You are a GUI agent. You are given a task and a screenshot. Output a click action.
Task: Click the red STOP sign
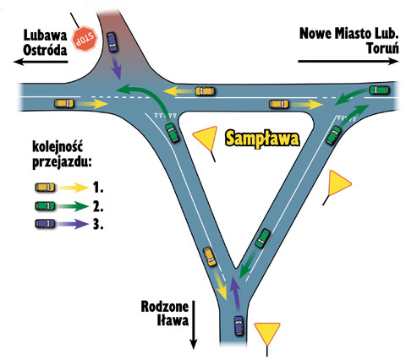click(x=85, y=39)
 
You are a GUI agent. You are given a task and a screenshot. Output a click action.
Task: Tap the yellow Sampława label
click(x=262, y=139)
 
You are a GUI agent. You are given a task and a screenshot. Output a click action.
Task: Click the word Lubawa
click(x=45, y=35)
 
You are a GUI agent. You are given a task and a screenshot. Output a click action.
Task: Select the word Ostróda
click(x=45, y=51)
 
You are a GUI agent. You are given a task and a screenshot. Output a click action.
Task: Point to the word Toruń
click(x=382, y=48)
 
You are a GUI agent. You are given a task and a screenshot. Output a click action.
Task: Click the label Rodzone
click(x=165, y=307)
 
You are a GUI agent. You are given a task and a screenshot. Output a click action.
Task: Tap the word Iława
click(x=173, y=320)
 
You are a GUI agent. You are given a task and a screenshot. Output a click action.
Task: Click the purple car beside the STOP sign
click(x=112, y=41)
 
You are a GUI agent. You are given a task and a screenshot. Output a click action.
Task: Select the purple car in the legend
click(x=46, y=224)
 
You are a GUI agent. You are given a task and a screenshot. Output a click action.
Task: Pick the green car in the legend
click(x=46, y=206)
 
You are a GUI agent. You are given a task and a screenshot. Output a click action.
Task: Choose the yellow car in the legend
click(x=46, y=188)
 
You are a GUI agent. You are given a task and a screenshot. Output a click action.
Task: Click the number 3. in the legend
click(x=98, y=225)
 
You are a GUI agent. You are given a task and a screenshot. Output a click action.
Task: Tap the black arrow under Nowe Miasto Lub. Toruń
click(x=348, y=61)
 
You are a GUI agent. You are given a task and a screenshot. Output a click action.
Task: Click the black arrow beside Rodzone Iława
click(x=194, y=325)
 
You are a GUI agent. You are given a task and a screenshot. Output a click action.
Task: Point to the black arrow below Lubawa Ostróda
click(x=41, y=62)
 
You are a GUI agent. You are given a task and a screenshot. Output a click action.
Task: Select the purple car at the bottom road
click(x=239, y=325)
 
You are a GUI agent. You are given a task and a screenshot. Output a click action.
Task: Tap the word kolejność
click(x=58, y=147)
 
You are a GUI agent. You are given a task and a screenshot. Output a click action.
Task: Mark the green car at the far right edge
click(x=379, y=90)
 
